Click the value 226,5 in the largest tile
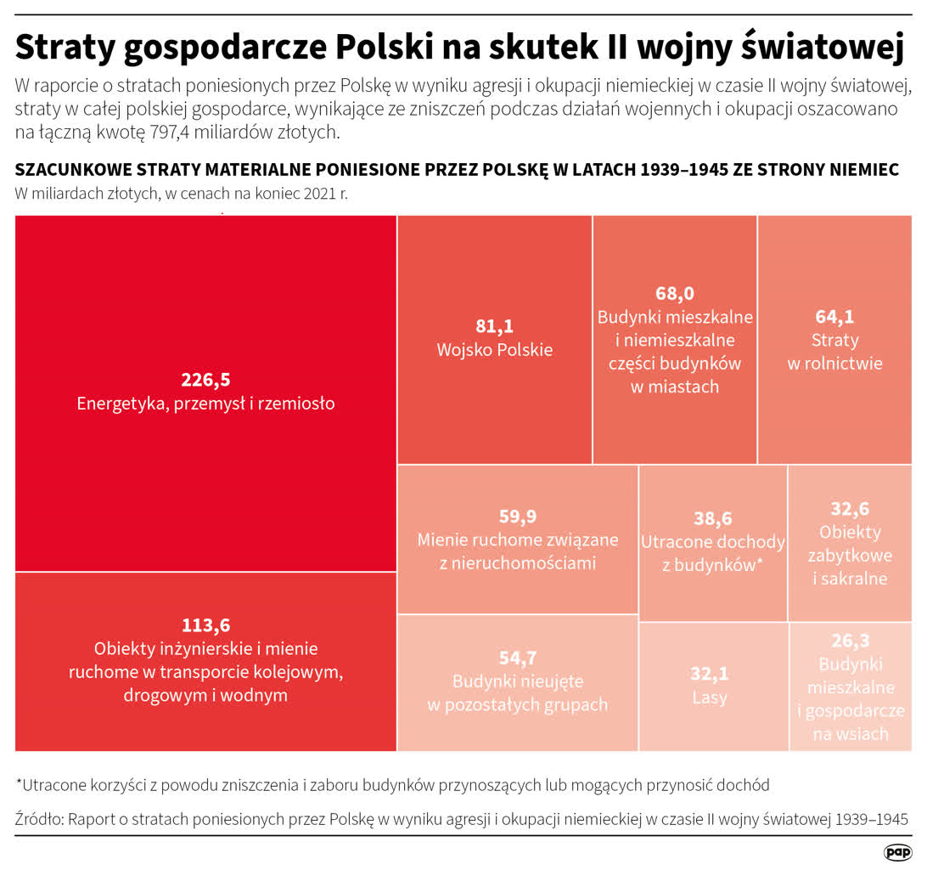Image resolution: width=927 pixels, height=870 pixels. [205, 379]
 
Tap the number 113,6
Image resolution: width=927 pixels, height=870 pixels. [205, 625]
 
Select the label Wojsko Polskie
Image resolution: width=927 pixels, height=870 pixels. [494, 349]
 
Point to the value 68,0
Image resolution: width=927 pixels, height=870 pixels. [675, 293]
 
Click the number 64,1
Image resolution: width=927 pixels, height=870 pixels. [834, 317]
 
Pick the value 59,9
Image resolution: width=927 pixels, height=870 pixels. [518, 517]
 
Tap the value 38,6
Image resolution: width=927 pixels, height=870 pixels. [712, 518]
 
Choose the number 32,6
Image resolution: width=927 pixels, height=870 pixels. [850, 509]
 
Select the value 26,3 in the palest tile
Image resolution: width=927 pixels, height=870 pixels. [850, 641]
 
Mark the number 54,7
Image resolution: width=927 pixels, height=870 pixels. [518, 658]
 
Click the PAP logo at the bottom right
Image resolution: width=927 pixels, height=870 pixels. [897, 851]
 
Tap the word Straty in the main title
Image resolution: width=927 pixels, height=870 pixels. [63, 48]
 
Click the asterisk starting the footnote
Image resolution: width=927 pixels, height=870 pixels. [19, 782]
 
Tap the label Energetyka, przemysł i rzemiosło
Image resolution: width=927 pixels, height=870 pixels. [205, 404]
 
